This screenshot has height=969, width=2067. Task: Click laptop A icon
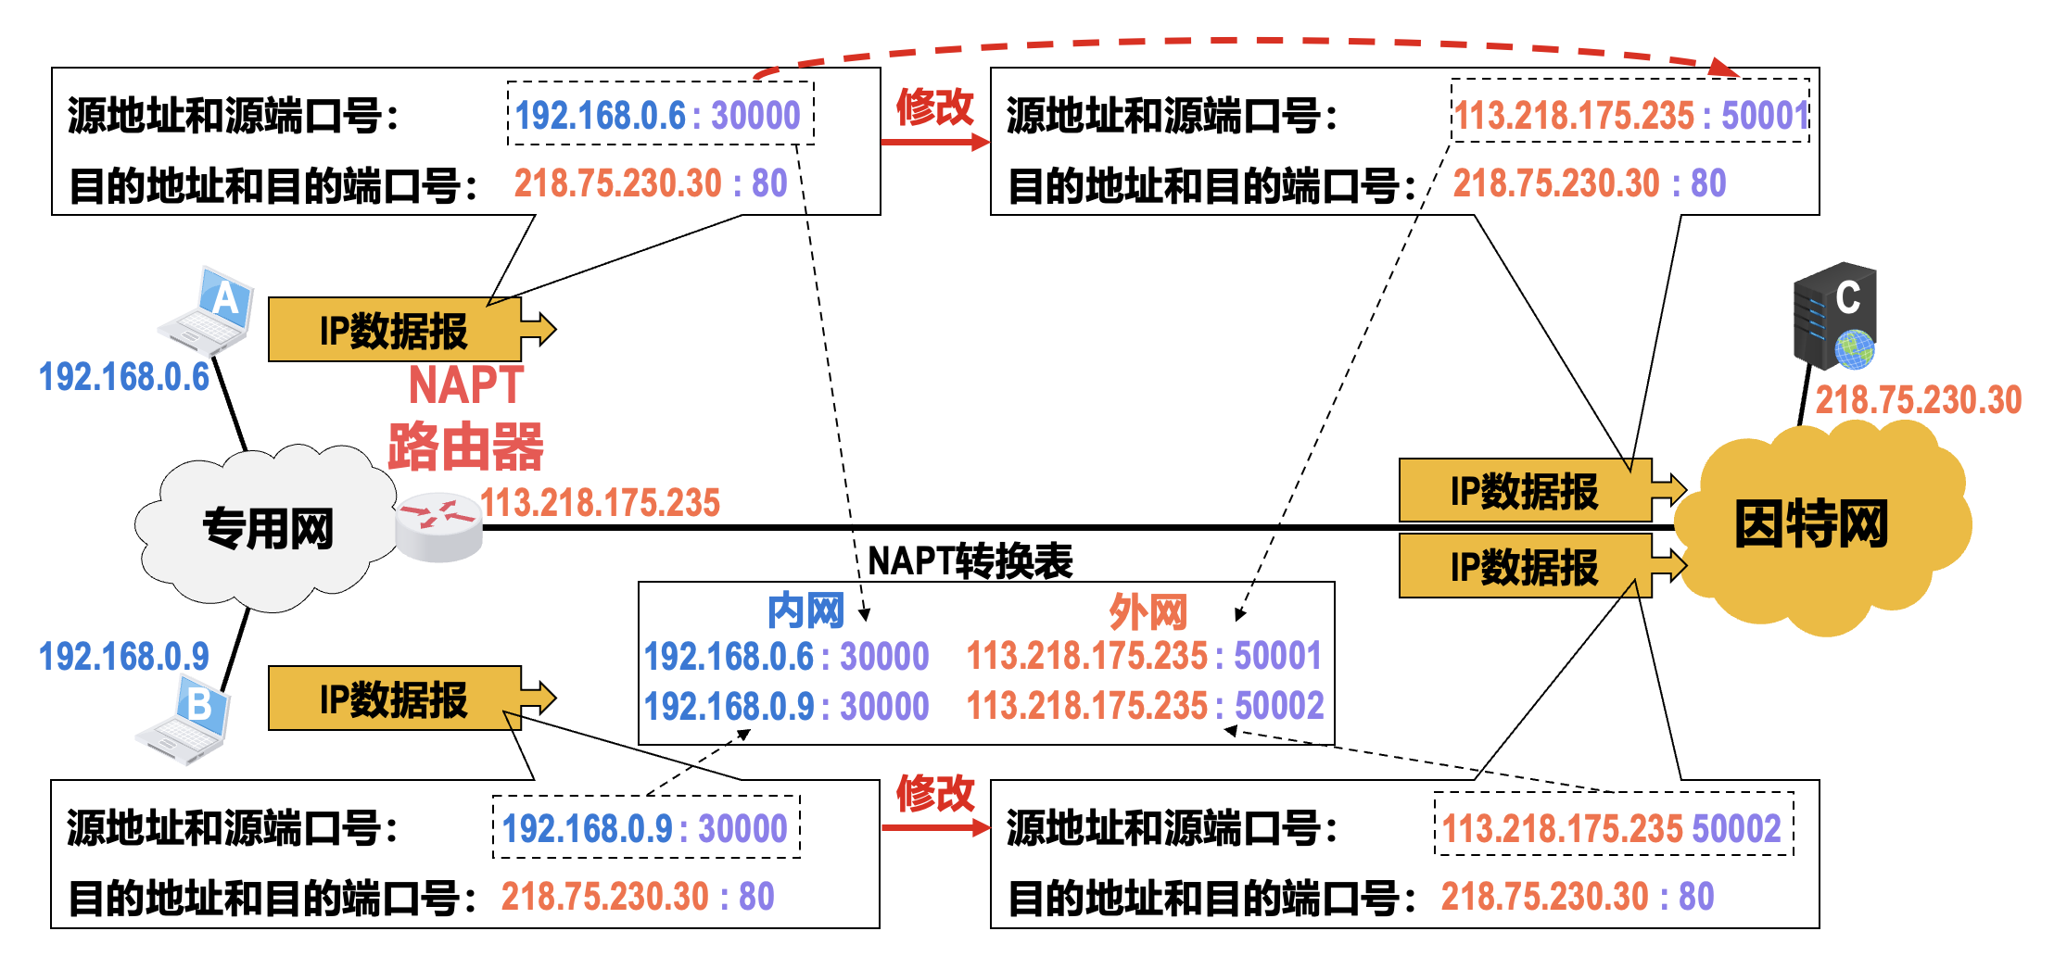tap(209, 311)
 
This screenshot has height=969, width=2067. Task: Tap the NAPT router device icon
tap(437, 527)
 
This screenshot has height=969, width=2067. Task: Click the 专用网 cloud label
tap(268, 529)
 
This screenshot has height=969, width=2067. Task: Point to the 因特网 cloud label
tap(1810, 524)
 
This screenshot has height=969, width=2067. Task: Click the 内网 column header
tap(805, 611)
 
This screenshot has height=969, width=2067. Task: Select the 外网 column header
tap(1148, 611)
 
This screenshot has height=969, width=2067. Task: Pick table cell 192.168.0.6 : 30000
tap(786, 657)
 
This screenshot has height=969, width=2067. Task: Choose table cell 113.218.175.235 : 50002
tap(1145, 706)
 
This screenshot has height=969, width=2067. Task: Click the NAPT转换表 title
tap(970, 561)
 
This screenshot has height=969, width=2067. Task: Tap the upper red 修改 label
tap(934, 107)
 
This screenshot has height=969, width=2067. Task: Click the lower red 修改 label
tap(934, 794)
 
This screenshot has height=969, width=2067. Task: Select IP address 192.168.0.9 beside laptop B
tap(123, 657)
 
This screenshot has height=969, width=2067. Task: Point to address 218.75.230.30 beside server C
tap(1918, 400)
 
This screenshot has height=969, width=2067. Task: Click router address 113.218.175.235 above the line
tap(600, 503)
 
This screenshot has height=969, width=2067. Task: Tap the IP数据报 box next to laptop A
tap(394, 331)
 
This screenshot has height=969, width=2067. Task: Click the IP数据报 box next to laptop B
tap(394, 699)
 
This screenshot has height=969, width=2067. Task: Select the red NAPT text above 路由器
tap(466, 385)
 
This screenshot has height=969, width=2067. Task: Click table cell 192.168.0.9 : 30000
tap(786, 706)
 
